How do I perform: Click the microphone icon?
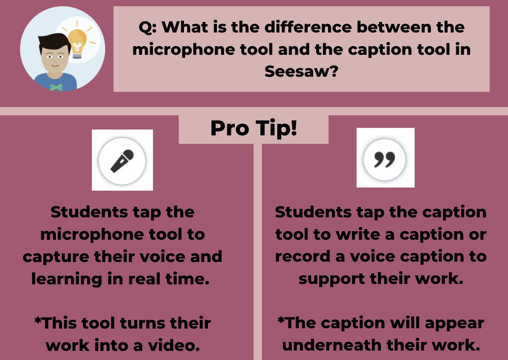[122, 160]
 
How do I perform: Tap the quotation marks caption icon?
[385, 159]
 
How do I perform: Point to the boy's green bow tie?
[56, 87]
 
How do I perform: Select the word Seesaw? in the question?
[301, 71]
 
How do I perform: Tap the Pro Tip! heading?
[254, 128]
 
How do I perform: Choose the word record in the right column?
[302, 257]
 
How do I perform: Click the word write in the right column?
[358, 234]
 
